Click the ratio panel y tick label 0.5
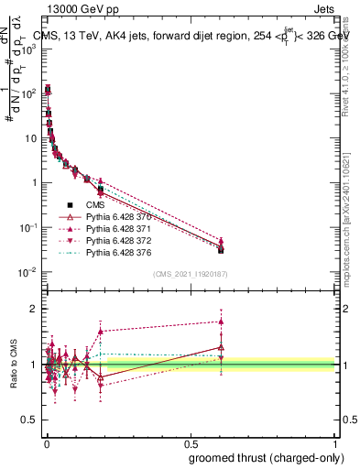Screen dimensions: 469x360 [x=29, y=420]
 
